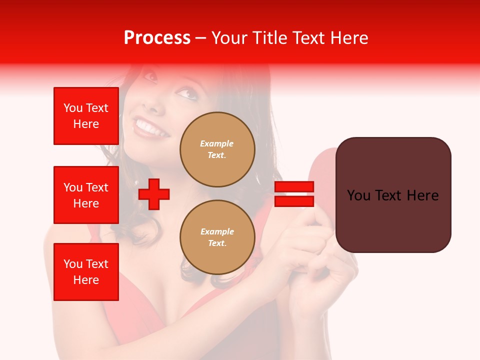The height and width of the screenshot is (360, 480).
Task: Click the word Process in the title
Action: pyautogui.click(x=157, y=38)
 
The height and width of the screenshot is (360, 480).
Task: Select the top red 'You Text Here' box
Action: pyautogui.click(x=86, y=116)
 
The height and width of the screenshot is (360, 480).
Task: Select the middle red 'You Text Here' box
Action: pyautogui.click(x=86, y=195)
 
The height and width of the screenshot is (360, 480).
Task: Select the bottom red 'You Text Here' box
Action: pyautogui.click(x=86, y=272)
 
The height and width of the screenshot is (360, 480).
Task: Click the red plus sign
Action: pyautogui.click(x=154, y=194)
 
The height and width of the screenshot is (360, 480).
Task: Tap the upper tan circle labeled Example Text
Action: pyautogui.click(x=217, y=149)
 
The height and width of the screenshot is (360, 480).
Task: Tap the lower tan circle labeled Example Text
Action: pyautogui.click(x=217, y=237)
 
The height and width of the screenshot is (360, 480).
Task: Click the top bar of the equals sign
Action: pyautogui.click(x=294, y=187)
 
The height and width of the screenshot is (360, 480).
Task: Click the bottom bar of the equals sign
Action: pyautogui.click(x=294, y=201)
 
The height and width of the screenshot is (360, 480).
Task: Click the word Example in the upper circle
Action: pyautogui.click(x=217, y=143)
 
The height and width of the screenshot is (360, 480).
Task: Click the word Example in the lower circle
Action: pyautogui.click(x=217, y=231)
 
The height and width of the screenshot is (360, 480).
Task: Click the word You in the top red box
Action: pyautogui.click(x=73, y=108)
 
